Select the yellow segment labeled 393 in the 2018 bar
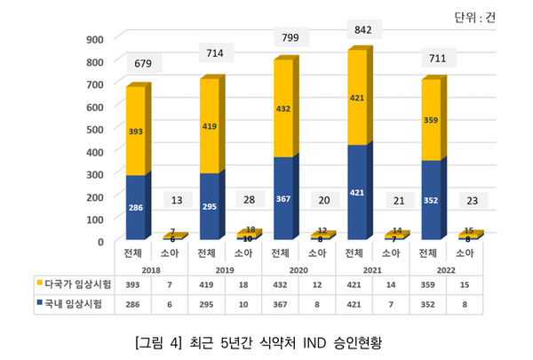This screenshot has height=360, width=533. (x=136, y=132)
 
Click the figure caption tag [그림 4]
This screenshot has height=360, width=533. (x=160, y=341)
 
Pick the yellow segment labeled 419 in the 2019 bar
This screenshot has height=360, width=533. (x=210, y=126)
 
